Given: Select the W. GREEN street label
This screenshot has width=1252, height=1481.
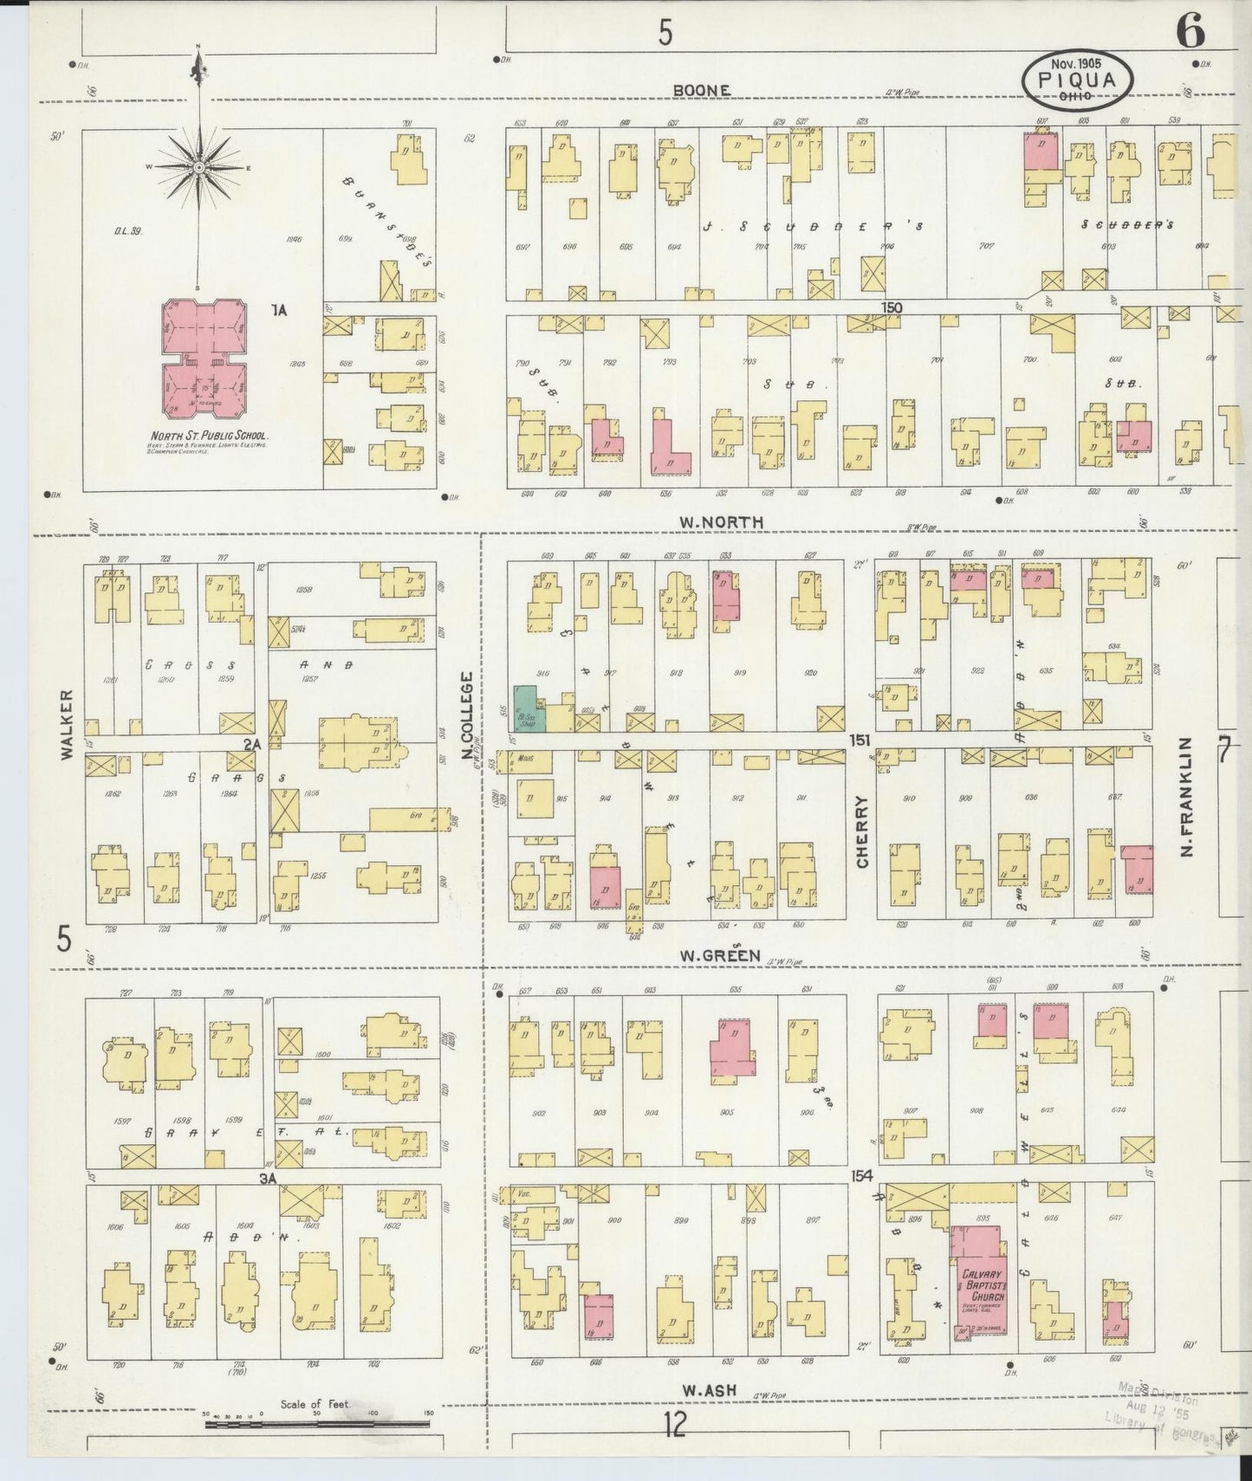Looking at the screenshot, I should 719,956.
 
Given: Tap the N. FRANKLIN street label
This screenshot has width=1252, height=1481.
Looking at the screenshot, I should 1187,797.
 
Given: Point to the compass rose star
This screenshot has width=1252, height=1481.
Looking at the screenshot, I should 198,165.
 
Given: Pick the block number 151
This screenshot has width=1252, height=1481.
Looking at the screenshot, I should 859,740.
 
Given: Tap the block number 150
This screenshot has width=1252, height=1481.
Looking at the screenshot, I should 892,307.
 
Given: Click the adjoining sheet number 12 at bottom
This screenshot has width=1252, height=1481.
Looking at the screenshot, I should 674,1449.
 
